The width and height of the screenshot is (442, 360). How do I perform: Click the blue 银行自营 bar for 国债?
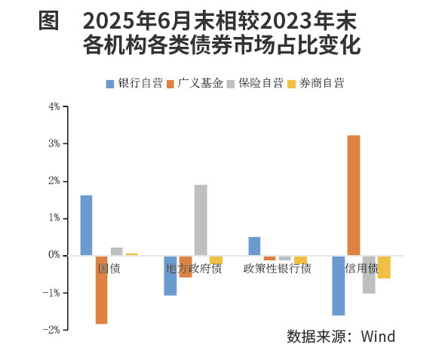point(86,225)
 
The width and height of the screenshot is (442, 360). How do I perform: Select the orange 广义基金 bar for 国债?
point(101,290)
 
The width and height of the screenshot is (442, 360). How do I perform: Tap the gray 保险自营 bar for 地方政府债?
point(201,220)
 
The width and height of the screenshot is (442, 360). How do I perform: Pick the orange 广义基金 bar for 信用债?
point(353,195)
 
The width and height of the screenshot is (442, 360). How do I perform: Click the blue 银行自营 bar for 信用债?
point(338,285)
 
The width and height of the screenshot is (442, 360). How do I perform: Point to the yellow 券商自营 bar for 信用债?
point(384,267)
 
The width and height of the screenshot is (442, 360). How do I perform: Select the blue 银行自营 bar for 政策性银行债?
point(254,246)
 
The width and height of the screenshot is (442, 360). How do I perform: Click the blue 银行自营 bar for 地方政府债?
point(170,275)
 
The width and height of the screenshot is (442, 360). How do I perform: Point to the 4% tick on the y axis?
point(54,106)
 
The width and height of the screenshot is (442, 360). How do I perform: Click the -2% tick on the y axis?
point(52,330)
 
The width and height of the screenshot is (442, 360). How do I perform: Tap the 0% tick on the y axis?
point(54,256)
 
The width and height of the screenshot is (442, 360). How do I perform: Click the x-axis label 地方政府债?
point(194,269)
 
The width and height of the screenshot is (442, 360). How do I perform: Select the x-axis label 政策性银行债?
point(277,269)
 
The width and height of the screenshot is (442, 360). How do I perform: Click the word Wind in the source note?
point(377,337)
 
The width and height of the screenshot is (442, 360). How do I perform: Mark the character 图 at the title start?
point(49,20)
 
